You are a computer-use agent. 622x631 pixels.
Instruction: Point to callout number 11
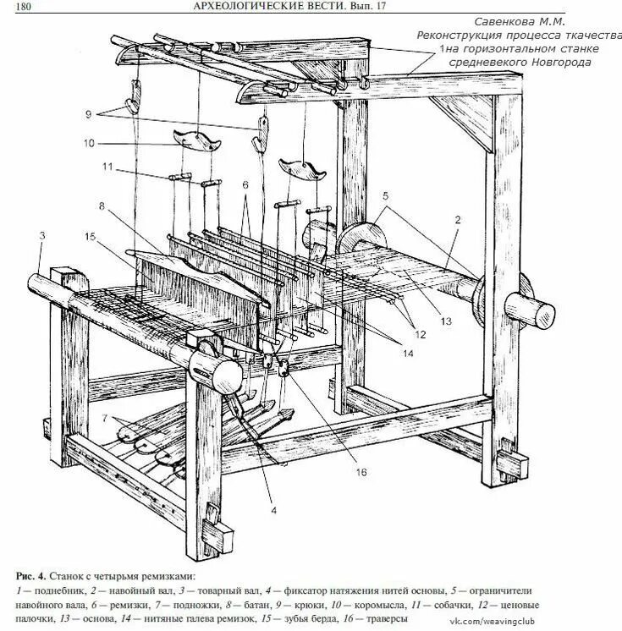point(107,167)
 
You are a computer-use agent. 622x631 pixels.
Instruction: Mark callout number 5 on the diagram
point(385,196)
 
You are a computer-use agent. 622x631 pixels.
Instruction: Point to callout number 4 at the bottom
point(273,510)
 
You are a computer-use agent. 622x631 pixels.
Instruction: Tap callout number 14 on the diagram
point(409,354)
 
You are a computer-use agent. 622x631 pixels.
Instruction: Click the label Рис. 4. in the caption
point(36,573)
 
